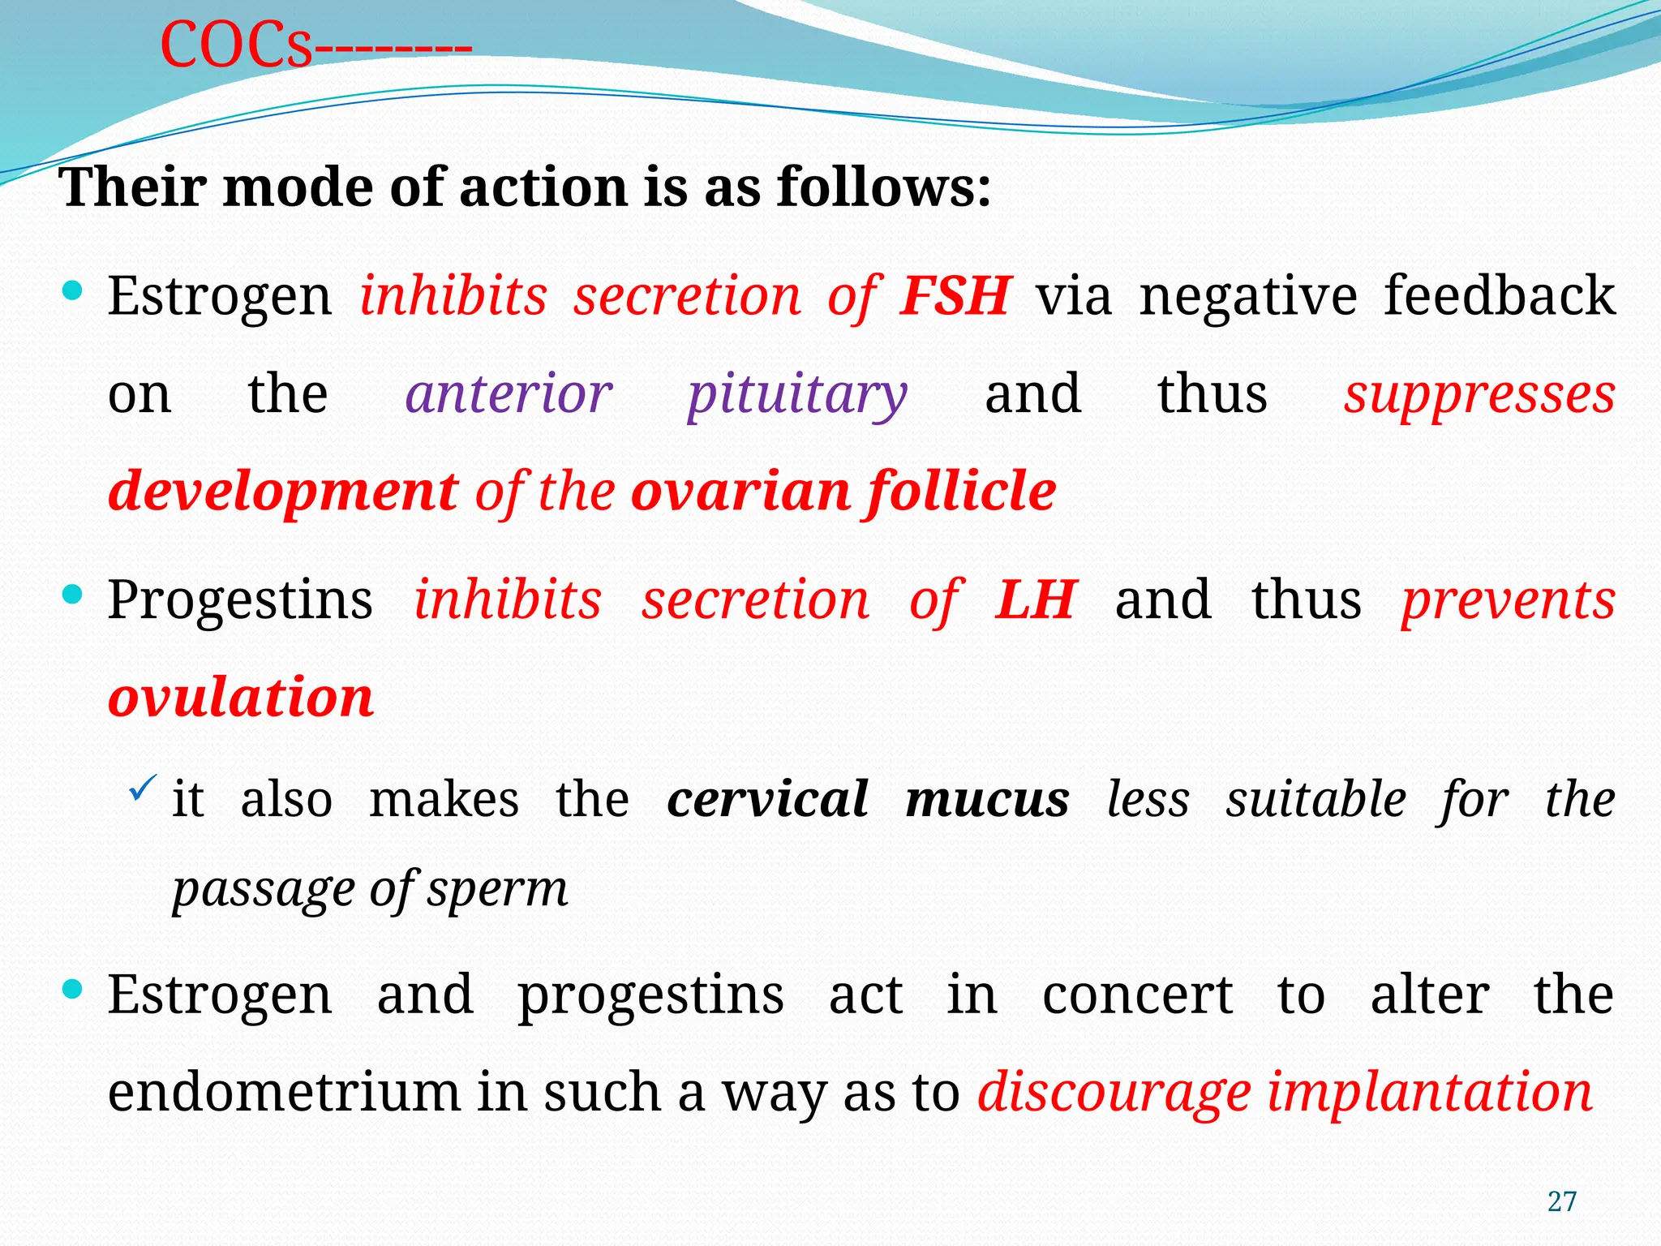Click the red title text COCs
click(x=236, y=45)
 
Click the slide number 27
click(x=1561, y=1201)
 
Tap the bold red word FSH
click(x=955, y=295)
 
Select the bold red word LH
click(x=1036, y=600)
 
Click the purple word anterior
click(x=509, y=394)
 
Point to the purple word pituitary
click(x=796, y=396)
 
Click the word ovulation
click(x=241, y=698)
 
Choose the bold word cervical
click(x=767, y=800)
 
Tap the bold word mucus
click(x=987, y=800)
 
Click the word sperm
click(x=497, y=891)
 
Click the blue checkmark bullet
click(x=142, y=787)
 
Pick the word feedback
click(x=1499, y=295)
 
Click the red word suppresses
click(x=1479, y=396)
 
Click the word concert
click(x=1137, y=995)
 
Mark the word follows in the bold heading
click(x=883, y=188)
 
